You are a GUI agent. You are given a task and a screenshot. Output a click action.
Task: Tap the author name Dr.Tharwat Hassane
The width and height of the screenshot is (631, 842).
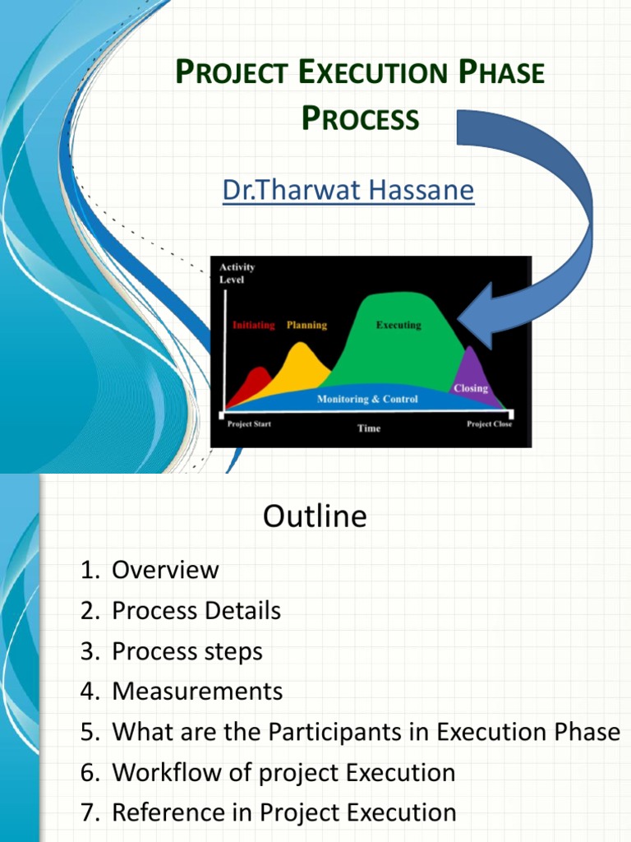[348, 191]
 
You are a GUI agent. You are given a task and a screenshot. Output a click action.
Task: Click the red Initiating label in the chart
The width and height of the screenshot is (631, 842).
[253, 326]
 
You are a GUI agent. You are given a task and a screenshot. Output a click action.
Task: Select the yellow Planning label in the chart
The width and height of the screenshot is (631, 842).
[306, 326]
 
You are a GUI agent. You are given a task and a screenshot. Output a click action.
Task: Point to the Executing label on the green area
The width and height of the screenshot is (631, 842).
[398, 326]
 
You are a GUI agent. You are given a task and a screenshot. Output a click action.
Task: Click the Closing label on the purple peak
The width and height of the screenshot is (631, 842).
[470, 388]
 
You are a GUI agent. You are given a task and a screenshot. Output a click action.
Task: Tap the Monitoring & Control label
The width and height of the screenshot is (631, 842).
[367, 400]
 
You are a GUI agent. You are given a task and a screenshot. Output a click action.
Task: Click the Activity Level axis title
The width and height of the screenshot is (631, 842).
[237, 273]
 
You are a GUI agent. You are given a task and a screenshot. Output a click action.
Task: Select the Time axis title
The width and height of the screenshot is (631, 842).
[369, 428]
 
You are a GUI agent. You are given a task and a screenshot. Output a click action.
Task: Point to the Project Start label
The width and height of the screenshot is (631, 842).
[249, 424]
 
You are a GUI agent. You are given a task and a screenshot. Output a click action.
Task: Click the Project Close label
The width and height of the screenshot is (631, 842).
[489, 424]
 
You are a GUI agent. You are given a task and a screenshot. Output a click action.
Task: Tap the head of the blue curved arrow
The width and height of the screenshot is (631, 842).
[477, 317]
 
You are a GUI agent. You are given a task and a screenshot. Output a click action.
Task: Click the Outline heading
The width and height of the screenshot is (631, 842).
[315, 516]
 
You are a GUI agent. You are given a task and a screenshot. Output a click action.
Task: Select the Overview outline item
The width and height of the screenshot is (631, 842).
[165, 570]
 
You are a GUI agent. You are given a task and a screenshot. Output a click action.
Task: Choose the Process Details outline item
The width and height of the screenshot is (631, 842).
[196, 611]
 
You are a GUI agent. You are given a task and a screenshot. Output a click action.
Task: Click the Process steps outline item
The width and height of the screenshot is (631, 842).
[187, 651]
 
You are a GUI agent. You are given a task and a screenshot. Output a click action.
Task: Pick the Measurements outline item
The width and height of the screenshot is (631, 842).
[197, 692]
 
